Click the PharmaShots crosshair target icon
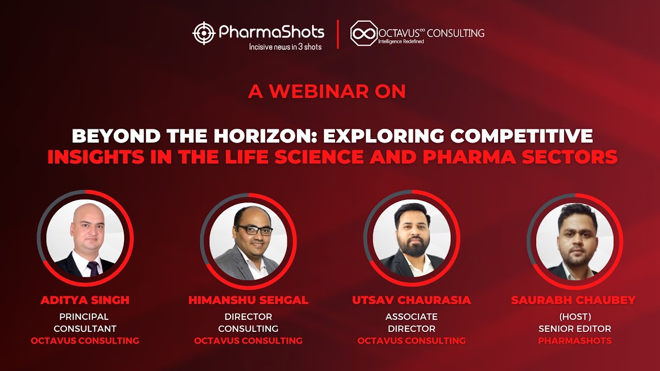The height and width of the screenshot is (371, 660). click(204, 33)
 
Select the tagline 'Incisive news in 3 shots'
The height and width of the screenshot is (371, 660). click(285, 47)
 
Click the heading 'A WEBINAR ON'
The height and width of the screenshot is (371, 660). click(327, 91)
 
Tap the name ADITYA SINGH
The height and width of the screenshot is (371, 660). click(85, 300)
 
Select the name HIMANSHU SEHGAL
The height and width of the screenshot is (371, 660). click(248, 300)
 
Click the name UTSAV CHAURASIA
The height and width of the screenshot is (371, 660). click(411, 300)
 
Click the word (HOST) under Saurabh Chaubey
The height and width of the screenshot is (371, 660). click(575, 316)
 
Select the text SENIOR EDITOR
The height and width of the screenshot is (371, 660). click(575, 329)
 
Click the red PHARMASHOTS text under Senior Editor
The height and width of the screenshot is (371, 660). click(575, 341)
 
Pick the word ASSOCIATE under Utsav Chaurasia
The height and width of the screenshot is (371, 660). click(411, 316)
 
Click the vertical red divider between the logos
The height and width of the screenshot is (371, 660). click(338, 34)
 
